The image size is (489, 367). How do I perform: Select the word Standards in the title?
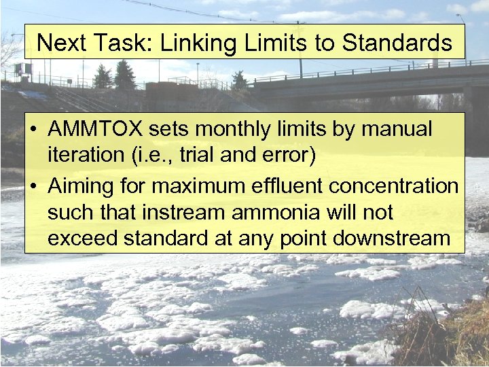coord(397,43)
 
